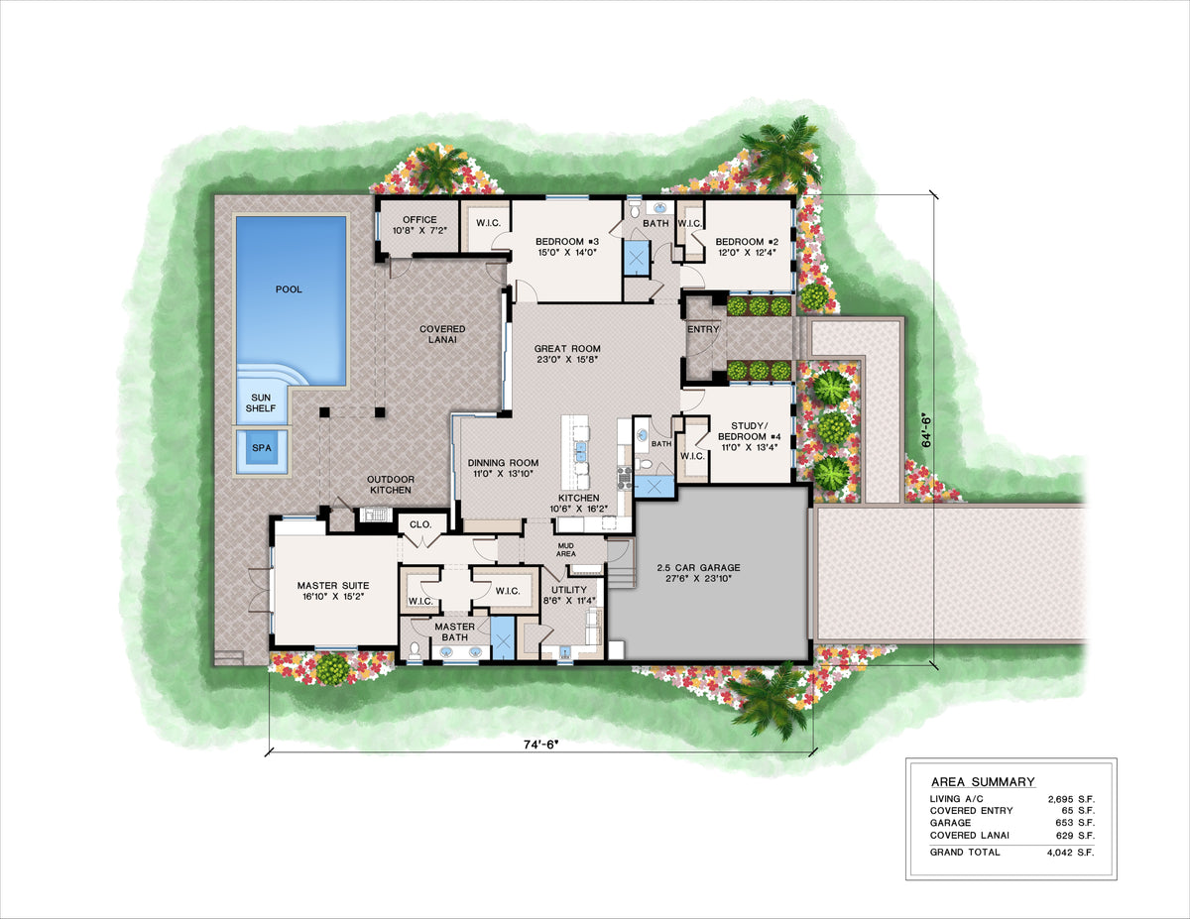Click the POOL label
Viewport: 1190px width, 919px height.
click(289, 289)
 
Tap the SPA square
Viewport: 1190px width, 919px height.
click(261, 448)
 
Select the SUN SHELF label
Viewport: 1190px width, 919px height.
click(261, 402)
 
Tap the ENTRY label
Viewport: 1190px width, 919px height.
click(703, 329)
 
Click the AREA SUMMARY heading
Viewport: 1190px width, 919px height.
click(982, 781)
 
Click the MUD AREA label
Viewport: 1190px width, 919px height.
click(564, 548)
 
